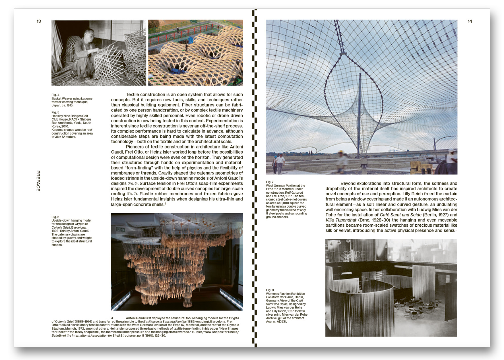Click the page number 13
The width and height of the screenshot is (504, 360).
(x=39, y=21)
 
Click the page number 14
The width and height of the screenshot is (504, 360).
(x=470, y=21)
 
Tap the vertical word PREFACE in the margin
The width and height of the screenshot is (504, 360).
(x=38, y=181)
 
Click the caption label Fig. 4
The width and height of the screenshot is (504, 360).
(x=55, y=95)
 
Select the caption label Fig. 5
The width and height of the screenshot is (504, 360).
(x=55, y=112)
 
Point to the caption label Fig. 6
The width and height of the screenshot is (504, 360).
(x=55, y=217)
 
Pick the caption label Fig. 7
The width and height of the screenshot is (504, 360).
(x=270, y=182)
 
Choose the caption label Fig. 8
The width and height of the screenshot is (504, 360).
(x=270, y=290)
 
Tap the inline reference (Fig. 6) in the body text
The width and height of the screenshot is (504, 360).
(x=132, y=184)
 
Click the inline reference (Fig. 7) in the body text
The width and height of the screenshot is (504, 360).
(x=132, y=194)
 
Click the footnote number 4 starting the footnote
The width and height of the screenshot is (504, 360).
(x=112, y=318)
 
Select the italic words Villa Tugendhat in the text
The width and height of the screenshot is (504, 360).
(x=341, y=220)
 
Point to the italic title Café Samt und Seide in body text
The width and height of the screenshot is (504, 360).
(x=400, y=215)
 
